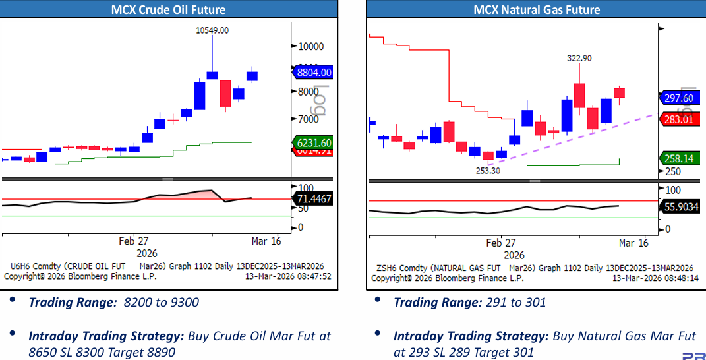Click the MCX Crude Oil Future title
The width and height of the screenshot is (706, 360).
[x=168, y=9]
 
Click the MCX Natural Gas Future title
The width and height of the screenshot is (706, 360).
[x=537, y=9]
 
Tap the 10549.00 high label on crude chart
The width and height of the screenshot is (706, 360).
[x=213, y=30]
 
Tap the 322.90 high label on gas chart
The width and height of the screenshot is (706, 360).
[x=579, y=58]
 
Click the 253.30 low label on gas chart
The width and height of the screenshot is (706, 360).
[x=488, y=170]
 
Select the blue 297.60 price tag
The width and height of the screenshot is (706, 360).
[x=678, y=98]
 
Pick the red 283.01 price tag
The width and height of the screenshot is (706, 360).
[x=678, y=119]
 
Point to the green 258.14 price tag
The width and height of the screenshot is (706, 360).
[x=678, y=158]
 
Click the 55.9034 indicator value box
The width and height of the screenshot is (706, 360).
[x=680, y=207]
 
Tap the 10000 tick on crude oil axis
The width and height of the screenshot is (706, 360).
[x=310, y=46]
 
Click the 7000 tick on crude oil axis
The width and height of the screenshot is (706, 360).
[x=308, y=119]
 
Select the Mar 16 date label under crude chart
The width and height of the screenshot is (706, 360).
[x=266, y=241]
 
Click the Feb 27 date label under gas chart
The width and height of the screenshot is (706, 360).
[x=501, y=243]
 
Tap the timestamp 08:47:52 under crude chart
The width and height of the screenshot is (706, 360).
[x=312, y=276]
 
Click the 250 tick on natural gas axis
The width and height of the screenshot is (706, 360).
[x=673, y=171]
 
